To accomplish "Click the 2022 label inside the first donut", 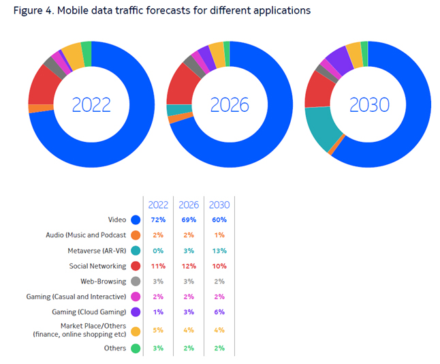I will click(x=91, y=104).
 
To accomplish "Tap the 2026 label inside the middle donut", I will click(x=230, y=104).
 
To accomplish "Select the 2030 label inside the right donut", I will click(x=368, y=104).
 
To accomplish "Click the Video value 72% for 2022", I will click(x=159, y=219).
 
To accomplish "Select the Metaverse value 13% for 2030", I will click(x=219, y=251).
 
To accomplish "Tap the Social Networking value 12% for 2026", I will click(x=189, y=267).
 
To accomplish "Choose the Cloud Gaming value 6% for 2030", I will click(x=219, y=312).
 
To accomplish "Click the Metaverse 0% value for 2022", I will click(x=159, y=251).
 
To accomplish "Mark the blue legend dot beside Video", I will click(x=136, y=219).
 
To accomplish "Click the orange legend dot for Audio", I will click(x=136, y=235).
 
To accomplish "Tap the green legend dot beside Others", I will click(x=136, y=348).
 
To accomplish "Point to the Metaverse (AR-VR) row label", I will click(x=91, y=251).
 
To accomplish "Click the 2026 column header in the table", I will click(x=189, y=204).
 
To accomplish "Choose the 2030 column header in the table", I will click(x=219, y=204).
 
